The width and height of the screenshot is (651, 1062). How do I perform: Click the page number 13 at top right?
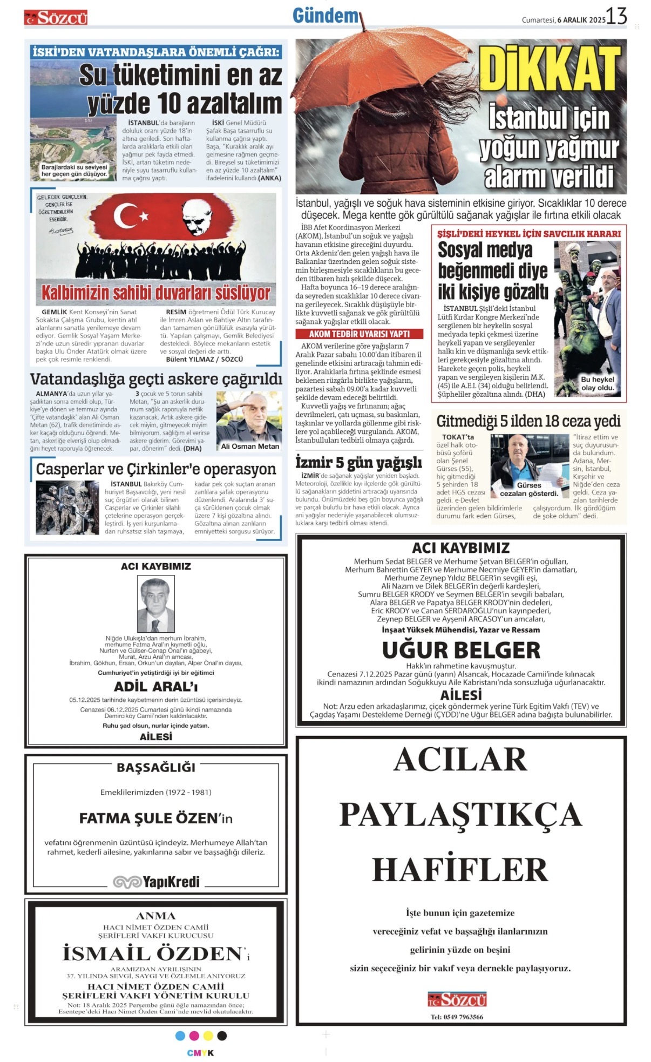pos(616,16)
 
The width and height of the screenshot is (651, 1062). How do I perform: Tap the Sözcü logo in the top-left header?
pos(56,18)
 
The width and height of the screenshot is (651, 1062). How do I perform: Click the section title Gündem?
pos(325,16)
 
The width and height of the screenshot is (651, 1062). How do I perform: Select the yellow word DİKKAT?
pos(550,69)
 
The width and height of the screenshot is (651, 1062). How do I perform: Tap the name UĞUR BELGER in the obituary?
pos(461,650)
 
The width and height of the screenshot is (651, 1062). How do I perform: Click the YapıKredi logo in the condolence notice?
pos(156,882)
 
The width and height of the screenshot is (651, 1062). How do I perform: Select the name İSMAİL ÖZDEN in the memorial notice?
pos(153,953)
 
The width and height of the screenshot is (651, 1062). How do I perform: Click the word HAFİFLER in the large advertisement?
pos(460,870)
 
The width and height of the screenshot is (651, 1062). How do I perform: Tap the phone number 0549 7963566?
pos(457,1017)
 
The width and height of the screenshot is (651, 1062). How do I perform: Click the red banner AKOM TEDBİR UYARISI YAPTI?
pos(359,334)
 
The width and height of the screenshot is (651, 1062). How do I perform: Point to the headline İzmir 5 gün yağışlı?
pos(358,463)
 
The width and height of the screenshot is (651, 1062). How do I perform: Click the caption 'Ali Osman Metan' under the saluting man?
pos(250,446)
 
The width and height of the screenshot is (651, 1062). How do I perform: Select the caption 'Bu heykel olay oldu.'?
pos(597,383)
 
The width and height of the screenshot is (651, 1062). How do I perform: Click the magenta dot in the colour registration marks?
pos(194,1036)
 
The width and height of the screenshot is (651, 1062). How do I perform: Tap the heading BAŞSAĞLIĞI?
pos(156,767)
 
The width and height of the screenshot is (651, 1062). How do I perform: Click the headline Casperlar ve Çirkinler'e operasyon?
pos(155,469)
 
